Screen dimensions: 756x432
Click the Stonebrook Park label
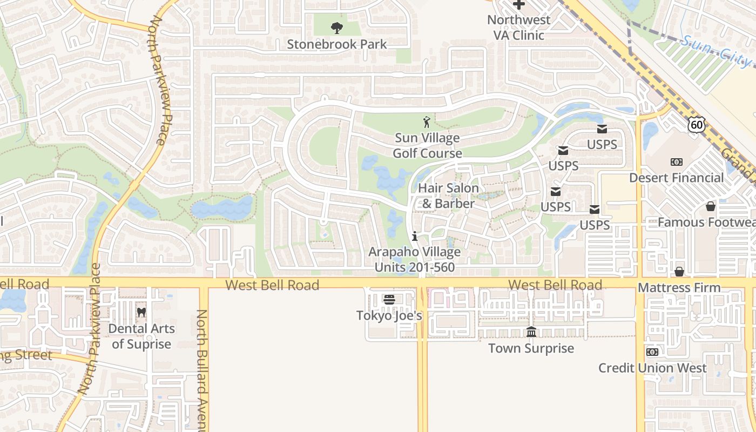point(336,44)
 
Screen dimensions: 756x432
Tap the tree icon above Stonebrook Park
point(336,28)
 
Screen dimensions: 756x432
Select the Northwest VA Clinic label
point(518,28)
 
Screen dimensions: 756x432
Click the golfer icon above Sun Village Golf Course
point(427,122)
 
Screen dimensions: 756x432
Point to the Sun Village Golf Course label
point(427,146)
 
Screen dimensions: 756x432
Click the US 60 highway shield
point(697,125)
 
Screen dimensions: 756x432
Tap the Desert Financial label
point(676,178)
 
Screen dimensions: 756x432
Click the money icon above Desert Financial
point(676,162)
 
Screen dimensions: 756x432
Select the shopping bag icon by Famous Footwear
point(711,207)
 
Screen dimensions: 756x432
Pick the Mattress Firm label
point(679,288)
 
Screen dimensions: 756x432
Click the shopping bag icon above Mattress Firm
point(679,272)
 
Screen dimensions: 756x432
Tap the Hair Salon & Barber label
point(448,196)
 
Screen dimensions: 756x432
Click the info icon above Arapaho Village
point(415,236)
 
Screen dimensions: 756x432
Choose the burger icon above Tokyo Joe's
point(389,299)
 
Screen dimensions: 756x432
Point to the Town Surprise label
point(531,348)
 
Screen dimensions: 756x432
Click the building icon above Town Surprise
point(531,332)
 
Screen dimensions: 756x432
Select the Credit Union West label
point(652,368)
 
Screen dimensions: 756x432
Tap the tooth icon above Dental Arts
point(141,312)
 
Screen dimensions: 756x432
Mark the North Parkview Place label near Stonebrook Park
point(160,81)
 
